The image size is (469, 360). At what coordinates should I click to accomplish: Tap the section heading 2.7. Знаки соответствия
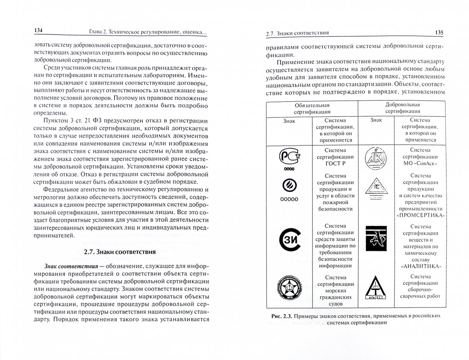120,252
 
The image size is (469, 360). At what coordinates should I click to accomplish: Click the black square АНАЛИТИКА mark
376,238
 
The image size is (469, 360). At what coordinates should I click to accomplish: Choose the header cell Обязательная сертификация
312,109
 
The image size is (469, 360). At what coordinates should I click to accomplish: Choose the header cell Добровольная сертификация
402,108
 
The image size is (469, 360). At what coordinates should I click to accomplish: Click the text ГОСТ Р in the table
335,164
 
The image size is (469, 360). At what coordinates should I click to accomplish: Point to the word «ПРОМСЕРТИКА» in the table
421,215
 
